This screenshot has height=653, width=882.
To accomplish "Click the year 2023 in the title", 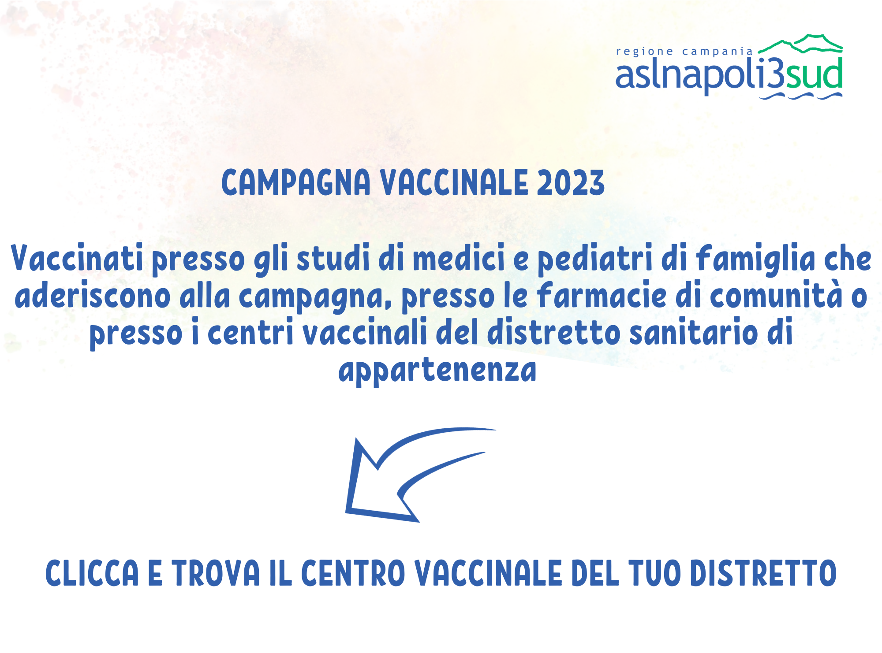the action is point(571,182).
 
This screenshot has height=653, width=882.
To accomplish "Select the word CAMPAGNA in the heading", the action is point(296,182).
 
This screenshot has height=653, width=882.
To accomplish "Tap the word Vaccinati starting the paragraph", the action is point(77,258).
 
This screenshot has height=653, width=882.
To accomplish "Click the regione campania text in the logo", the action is point(684,52).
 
